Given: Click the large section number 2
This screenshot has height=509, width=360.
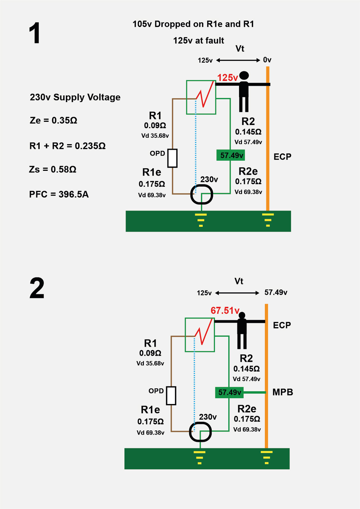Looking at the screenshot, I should coord(37,288).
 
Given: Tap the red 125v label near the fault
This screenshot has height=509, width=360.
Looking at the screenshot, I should coord(227,78).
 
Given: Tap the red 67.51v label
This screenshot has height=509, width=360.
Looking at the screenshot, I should coord(225,310).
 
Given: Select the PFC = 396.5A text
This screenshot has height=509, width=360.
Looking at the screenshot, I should coord(59,194).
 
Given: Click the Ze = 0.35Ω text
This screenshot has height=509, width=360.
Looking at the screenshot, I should coord(53,120).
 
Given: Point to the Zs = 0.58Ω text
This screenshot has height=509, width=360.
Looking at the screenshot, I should coord(53,169).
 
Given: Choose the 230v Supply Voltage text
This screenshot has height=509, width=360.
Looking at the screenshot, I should coord(75,97).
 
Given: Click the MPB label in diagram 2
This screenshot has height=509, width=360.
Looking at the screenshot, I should coord(283,392).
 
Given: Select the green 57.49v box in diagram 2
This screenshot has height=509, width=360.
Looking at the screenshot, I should coord(229,393).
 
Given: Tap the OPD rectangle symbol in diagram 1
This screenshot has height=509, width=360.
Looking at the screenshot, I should coord(173,158).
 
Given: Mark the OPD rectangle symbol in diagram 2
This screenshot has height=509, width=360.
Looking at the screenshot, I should coord(171,395).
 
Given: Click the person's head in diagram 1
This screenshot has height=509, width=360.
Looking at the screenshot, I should coord(244,75).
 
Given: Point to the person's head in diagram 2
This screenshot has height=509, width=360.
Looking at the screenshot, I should coord(242,315).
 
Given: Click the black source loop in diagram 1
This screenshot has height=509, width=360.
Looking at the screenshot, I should coord(201,194).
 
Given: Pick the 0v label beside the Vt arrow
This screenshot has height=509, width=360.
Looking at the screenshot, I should coord(267,60).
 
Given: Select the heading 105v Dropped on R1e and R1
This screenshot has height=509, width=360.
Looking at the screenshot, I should coord(193,24).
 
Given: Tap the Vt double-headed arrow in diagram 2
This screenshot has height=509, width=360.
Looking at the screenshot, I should coord(237,293).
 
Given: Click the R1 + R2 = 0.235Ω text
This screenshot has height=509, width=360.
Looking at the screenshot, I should coord(67,146).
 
